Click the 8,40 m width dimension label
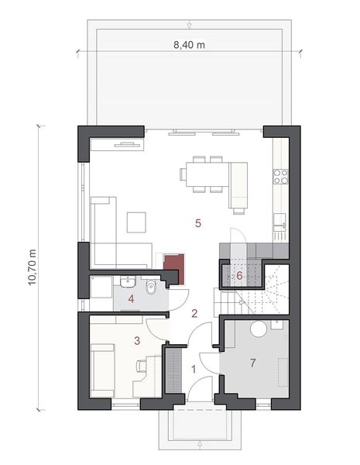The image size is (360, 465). [189, 46]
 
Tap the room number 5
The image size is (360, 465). [198, 223]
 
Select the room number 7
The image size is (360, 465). [252, 363]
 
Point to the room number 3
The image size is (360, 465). [137, 339]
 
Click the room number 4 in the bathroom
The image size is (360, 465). [132, 298]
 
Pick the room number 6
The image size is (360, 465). [240, 274]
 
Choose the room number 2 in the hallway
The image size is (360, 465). [195, 313]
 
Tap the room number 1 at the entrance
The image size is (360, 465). [194, 370]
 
